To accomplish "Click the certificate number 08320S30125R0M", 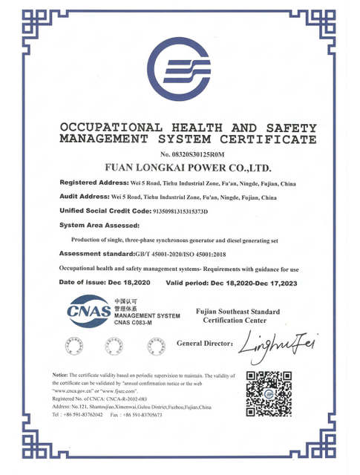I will pos(186,153).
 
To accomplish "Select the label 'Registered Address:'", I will pos(94,182).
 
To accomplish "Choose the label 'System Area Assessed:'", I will pos(98,225).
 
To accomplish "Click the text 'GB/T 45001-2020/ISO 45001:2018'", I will pos(192,254).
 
